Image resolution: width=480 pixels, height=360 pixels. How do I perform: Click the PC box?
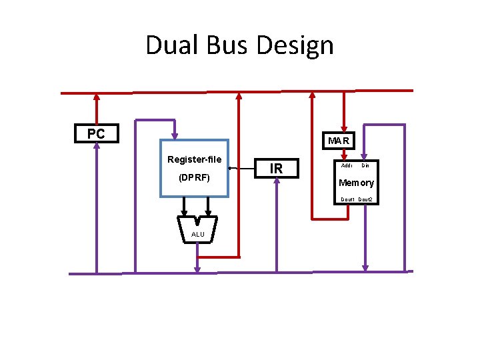click(96, 133)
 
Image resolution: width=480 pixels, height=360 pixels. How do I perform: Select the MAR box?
click(339, 141)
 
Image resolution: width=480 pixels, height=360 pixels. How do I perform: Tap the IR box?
click(276, 169)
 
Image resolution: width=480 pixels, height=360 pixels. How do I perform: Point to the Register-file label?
click(194, 159)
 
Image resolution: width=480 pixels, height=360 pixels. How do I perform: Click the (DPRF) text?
click(194, 178)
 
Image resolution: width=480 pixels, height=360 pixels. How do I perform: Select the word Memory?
click(356, 183)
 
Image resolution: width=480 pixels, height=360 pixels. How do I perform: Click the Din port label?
click(365, 165)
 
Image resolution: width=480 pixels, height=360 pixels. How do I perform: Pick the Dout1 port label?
click(347, 199)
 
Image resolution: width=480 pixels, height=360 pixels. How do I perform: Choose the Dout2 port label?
click(365, 199)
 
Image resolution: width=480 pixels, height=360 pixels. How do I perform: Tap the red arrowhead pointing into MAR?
click(344, 129)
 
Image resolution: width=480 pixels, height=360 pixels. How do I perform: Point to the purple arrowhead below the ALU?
click(197, 269)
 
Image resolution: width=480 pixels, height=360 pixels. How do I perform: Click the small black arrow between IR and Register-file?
click(233, 169)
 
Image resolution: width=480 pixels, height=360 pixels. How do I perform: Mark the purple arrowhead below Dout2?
click(365, 267)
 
